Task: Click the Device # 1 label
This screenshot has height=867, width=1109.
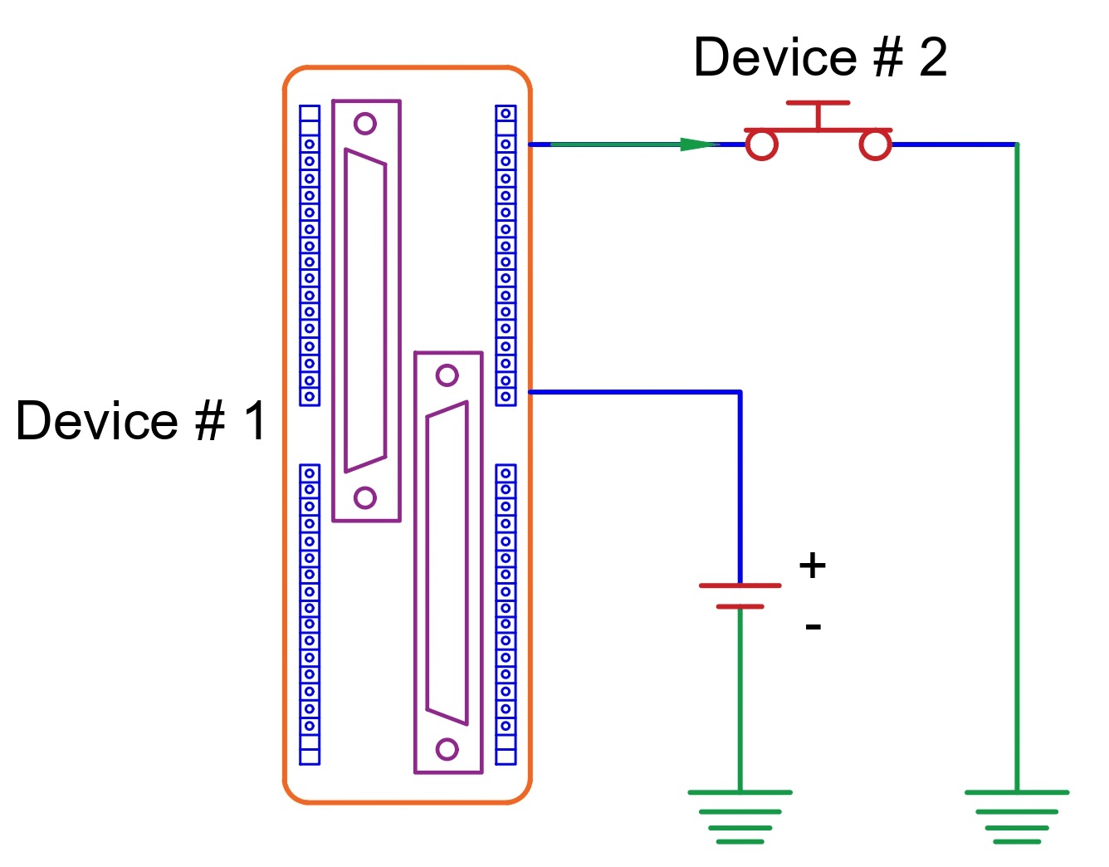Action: [141, 421]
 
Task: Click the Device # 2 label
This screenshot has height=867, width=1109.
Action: [819, 58]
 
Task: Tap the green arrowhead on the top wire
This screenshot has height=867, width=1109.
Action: [697, 144]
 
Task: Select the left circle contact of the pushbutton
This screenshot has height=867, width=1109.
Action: [761, 144]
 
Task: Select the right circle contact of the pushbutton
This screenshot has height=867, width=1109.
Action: [874, 144]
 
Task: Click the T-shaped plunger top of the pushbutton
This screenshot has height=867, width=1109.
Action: [818, 104]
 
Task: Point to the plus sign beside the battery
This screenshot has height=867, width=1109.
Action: [812, 566]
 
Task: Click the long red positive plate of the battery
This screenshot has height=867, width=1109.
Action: [740, 585]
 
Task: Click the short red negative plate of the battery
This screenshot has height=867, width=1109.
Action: [740, 607]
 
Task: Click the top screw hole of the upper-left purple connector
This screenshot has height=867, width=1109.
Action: [365, 124]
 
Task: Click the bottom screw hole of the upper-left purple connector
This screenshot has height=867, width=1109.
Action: [365, 497]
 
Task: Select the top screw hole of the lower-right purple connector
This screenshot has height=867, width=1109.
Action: [447, 375]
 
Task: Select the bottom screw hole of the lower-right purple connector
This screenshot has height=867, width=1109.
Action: [447, 749]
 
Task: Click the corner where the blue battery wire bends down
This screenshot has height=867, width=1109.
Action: [740, 392]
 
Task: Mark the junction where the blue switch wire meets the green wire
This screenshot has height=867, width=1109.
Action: [1016, 144]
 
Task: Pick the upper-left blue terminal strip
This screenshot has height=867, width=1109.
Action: [310, 255]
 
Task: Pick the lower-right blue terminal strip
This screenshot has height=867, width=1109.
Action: [506, 614]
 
